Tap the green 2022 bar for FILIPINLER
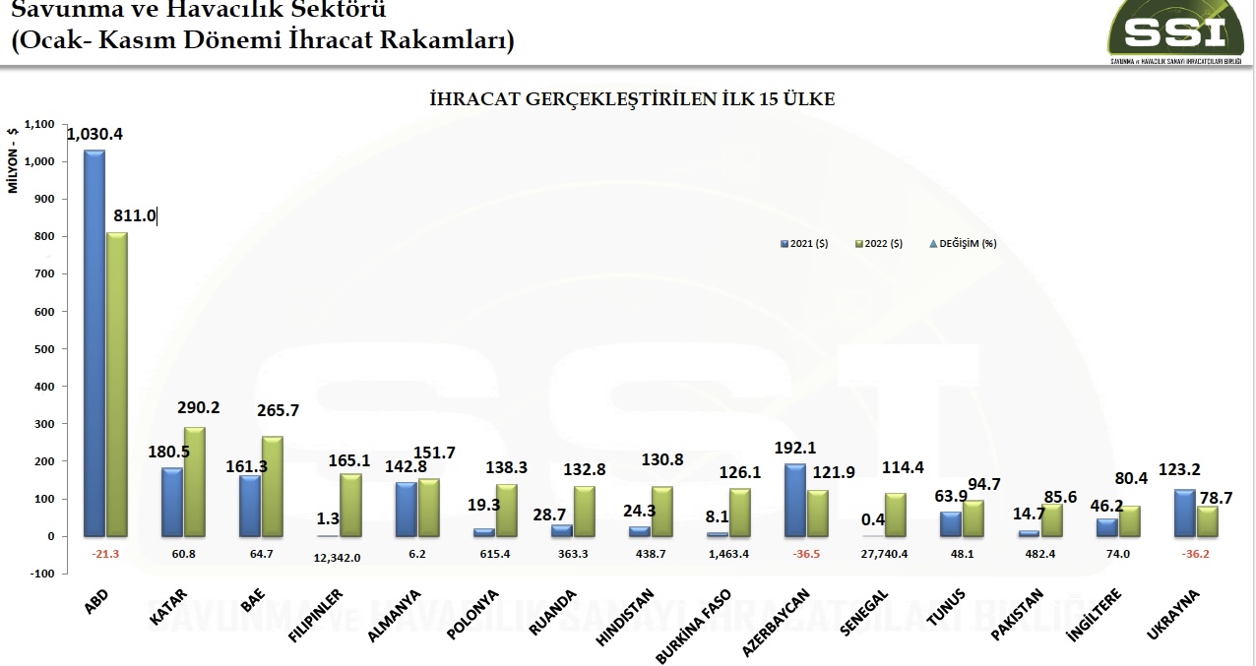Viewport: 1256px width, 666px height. [x=350, y=506]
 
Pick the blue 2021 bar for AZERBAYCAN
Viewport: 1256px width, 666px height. [x=794, y=501]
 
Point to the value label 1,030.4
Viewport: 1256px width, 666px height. [x=95, y=134]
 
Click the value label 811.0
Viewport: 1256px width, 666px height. [x=135, y=216]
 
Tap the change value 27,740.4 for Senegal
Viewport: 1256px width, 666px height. [x=883, y=555]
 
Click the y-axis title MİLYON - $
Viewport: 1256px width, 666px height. [x=14, y=159]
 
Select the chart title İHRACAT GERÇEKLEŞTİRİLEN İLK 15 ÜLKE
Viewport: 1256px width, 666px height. [x=633, y=99]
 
